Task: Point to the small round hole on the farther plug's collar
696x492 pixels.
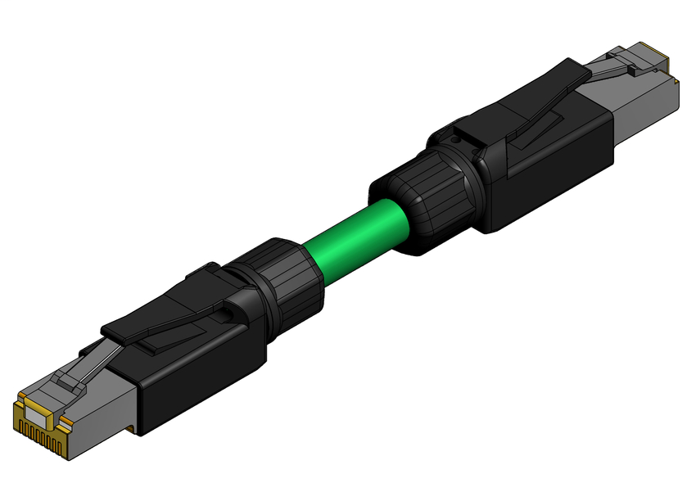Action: [x=455, y=140]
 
